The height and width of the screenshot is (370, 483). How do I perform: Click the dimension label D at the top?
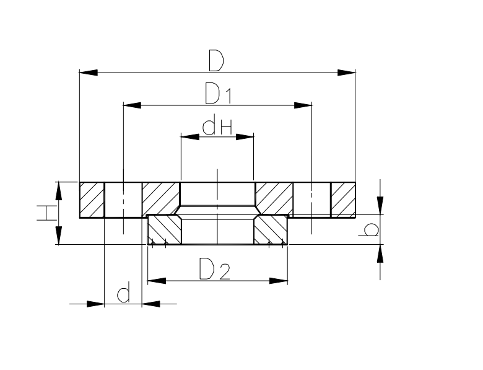tap(216, 61)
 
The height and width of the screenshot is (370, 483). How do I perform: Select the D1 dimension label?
tap(218, 93)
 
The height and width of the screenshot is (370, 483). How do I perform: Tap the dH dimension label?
tap(217, 125)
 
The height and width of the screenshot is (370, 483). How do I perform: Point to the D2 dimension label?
tap(214, 269)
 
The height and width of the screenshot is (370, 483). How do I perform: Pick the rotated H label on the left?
tap(47, 213)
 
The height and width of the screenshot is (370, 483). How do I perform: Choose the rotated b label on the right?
tap(368, 230)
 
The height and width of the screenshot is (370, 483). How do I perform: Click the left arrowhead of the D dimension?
tap(89, 73)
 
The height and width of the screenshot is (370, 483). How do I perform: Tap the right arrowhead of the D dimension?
tap(346, 73)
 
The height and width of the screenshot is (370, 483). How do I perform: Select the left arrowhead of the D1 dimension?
tap(132, 105)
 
